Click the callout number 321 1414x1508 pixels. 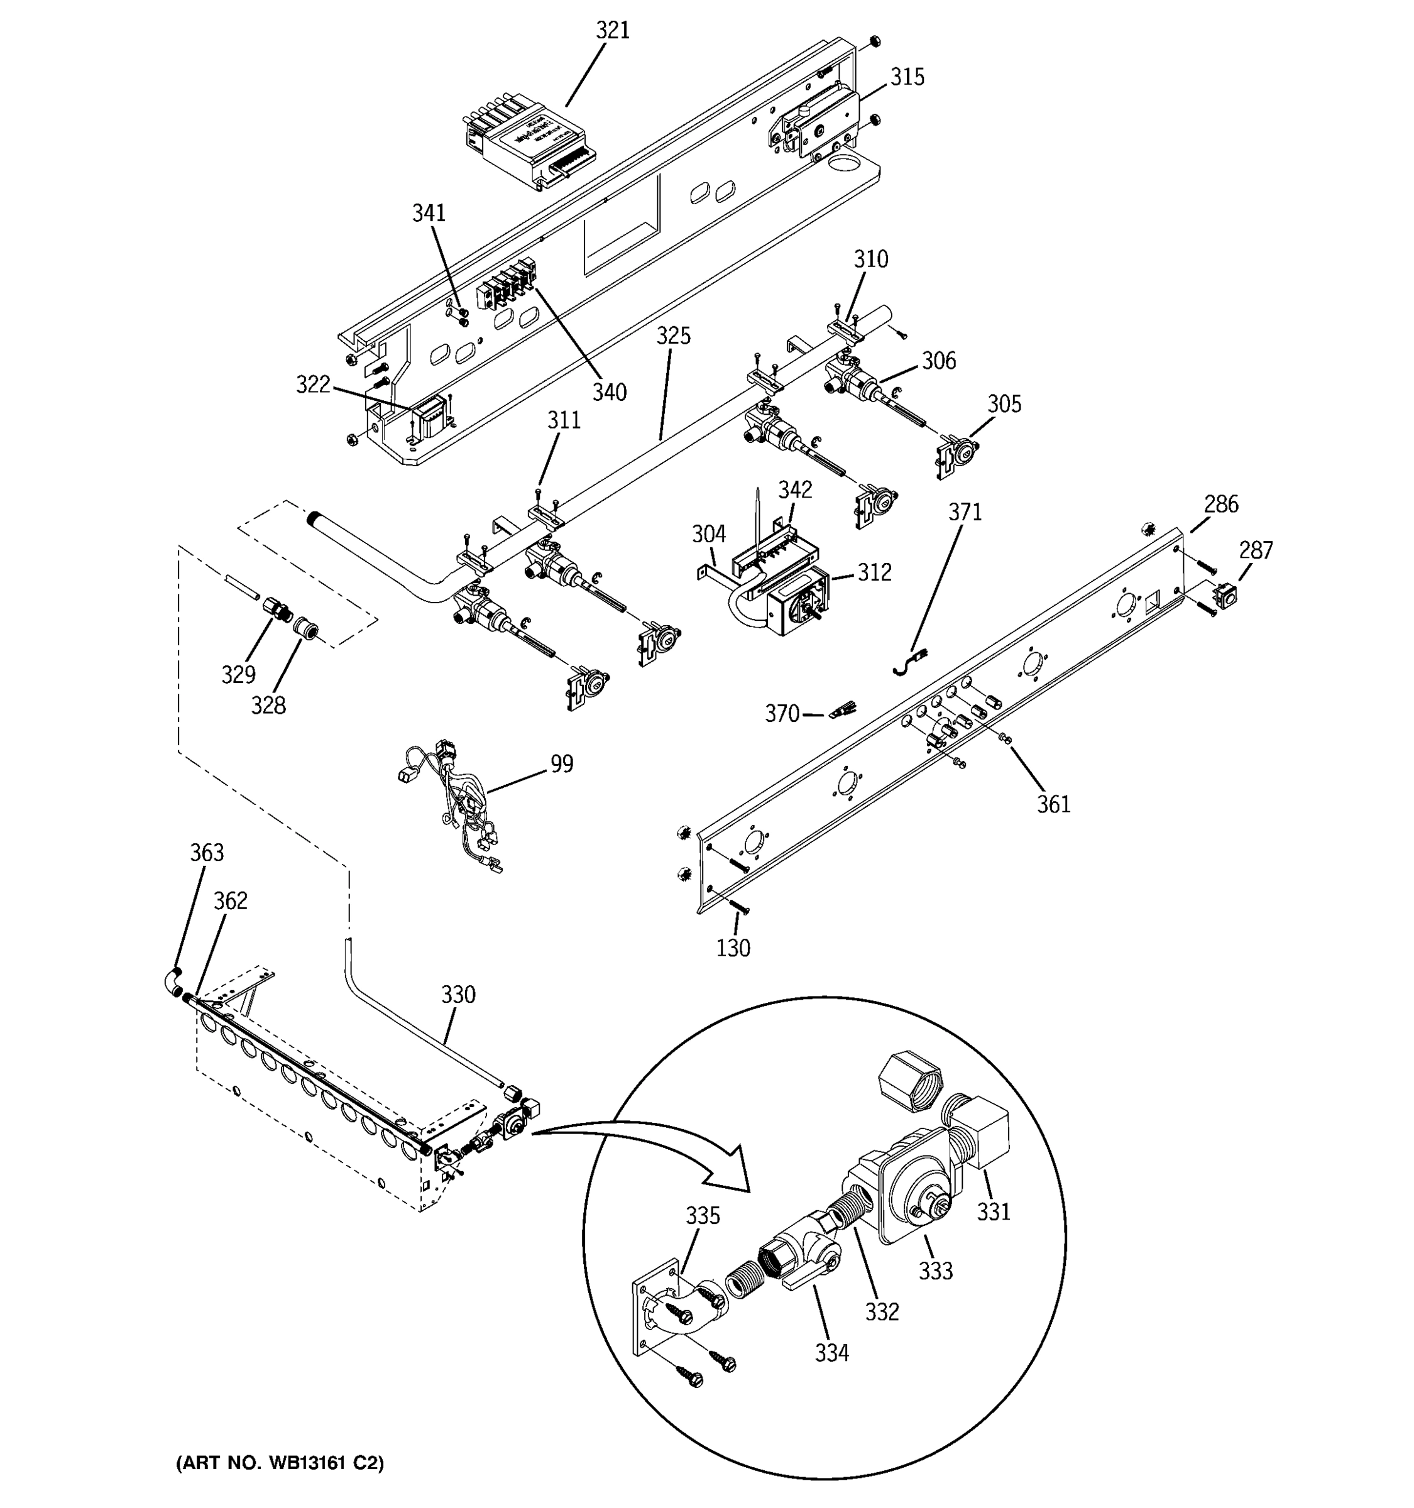coord(612,30)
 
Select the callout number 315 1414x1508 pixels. coord(907,77)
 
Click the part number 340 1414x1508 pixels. coord(609,392)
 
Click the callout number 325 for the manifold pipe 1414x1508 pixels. coord(674,336)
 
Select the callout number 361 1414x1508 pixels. coord(1054,804)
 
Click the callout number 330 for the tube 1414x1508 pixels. coord(458,995)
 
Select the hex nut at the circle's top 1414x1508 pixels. coord(909,1082)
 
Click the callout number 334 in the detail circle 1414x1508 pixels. coord(831,1353)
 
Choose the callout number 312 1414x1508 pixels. coord(874,572)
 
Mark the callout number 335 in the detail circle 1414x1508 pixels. coord(703,1216)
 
